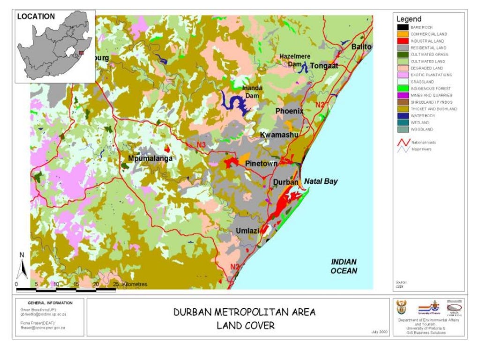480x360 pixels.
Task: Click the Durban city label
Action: click(285, 182)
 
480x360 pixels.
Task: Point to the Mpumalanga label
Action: click(150, 159)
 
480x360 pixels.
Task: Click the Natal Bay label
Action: click(321, 181)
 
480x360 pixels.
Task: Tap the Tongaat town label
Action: click(324, 66)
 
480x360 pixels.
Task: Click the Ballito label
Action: click(361, 47)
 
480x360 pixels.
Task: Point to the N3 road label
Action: click(201, 145)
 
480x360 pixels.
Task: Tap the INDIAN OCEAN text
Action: click(344, 266)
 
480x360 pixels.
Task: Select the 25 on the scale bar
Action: click(115, 285)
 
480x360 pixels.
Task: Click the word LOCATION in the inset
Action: click(36, 16)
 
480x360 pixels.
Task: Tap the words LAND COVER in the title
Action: click(245, 325)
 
